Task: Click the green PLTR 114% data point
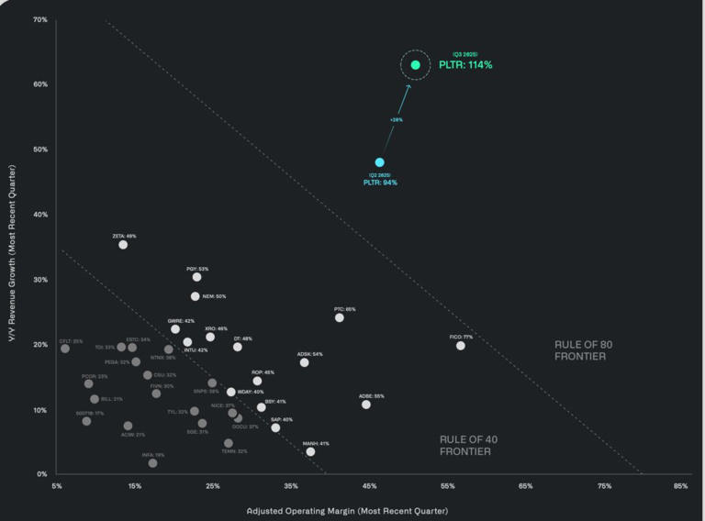pos(416,65)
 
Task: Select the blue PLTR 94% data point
pos(379,162)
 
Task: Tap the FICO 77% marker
pos(461,346)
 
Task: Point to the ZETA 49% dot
pos(123,245)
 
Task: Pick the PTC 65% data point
pos(340,317)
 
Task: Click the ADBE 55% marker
pos(366,405)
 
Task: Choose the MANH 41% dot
pos(310,451)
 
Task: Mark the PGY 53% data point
pos(196,277)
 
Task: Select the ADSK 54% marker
pos(305,362)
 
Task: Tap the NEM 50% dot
pos(196,296)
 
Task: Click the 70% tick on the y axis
pos(40,19)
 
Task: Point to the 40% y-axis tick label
pos(40,215)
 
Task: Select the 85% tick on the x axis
pos(680,486)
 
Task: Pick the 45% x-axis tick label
pos(369,486)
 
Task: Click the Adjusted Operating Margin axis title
pos(347,510)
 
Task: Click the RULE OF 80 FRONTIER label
pos(580,350)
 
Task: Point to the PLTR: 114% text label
pos(464,65)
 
